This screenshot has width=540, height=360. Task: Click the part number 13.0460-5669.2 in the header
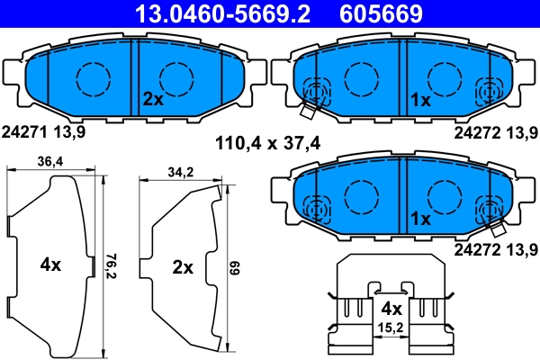221,13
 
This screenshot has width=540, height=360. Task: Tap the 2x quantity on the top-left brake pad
152,99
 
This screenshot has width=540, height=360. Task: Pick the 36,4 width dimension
49,162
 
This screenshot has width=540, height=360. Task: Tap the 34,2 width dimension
180,171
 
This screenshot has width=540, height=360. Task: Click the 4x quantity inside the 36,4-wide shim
50,265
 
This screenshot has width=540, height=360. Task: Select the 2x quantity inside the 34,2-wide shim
183,266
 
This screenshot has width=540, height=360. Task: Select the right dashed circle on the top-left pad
175,79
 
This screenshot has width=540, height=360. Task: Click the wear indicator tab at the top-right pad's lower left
307,111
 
